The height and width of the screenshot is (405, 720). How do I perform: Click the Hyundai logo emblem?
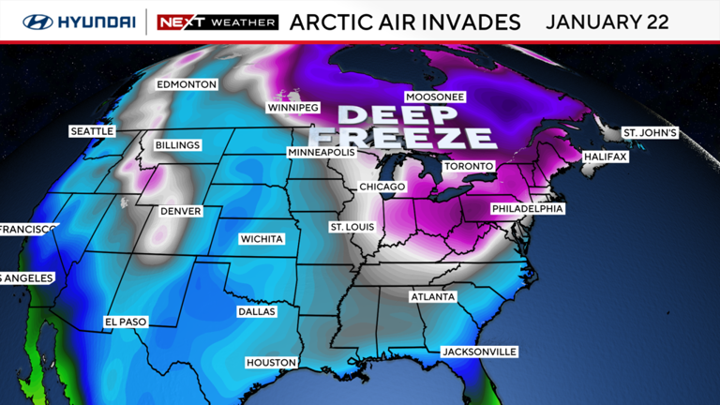(38, 22)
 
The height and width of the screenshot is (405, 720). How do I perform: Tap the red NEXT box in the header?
(175, 22)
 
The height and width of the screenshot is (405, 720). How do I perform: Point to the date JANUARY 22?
(607, 22)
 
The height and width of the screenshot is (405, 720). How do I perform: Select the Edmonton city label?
(187, 84)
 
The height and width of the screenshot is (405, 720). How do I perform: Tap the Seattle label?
(92, 132)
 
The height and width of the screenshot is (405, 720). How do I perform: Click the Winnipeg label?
(293, 107)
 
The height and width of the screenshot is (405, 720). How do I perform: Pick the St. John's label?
(650, 133)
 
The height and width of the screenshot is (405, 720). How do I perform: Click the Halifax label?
(604, 157)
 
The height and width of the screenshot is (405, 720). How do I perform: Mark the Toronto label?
(467, 166)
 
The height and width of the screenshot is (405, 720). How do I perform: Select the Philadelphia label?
(527, 208)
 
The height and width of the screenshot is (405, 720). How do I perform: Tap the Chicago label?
(382, 187)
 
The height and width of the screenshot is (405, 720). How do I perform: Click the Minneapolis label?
(322, 152)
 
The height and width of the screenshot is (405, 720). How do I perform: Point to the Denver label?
(181, 211)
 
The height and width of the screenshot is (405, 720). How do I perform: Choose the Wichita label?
(262, 239)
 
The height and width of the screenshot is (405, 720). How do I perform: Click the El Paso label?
(126, 322)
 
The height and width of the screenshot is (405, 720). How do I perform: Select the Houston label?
(271, 363)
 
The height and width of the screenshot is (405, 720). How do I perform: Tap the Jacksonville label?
(478, 352)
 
